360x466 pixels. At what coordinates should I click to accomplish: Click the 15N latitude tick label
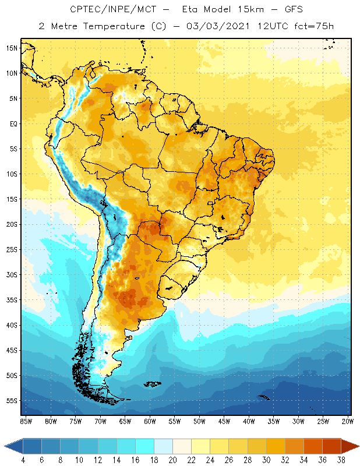pyautogui.click(x=12, y=48)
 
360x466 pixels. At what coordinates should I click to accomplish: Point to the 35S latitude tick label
pyautogui.click(x=12, y=300)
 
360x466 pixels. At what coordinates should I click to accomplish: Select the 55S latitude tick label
pyautogui.click(x=12, y=401)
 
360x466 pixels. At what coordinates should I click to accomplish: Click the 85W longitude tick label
pyautogui.click(x=26, y=421)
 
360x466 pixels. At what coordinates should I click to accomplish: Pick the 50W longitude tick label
pyautogui.click(x=199, y=421)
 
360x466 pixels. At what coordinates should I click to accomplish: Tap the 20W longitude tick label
pyautogui.click(x=348, y=421)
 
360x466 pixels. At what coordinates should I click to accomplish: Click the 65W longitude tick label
pyautogui.click(x=125, y=421)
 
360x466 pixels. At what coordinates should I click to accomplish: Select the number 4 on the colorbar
pyautogui.click(x=23, y=460)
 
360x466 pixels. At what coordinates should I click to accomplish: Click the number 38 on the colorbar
pyautogui.click(x=340, y=460)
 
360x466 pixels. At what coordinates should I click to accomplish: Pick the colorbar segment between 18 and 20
pyautogui.click(x=163, y=446)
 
